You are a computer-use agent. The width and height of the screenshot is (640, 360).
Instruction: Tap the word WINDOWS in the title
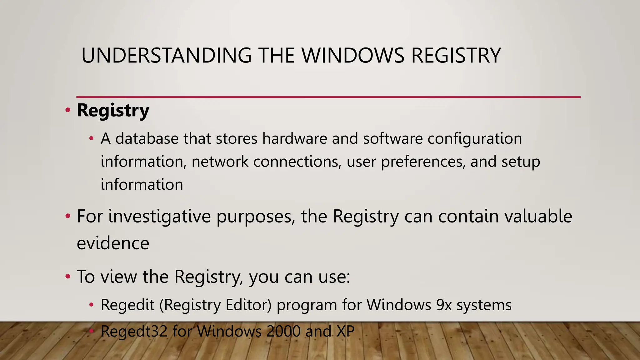click(x=353, y=56)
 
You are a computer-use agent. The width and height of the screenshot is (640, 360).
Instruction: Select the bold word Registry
click(x=113, y=111)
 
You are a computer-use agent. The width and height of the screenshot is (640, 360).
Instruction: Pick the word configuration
click(x=475, y=139)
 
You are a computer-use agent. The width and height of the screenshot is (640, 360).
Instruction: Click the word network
click(x=220, y=162)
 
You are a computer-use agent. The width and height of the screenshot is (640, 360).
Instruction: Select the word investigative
click(x=159, y=217)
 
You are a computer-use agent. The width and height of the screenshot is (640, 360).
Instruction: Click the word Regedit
click(x=127, y=305)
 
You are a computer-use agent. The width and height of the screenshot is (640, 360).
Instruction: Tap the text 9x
click(x=444, y=305)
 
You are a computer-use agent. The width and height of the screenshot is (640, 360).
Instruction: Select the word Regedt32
click(x=134, y=332)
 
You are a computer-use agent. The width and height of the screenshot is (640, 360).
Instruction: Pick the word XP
click(x=345, y=331)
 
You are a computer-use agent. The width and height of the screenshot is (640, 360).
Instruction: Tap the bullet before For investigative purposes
click(x=67, y=216)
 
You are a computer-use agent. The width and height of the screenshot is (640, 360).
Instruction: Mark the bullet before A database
click(x=91, y=138)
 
